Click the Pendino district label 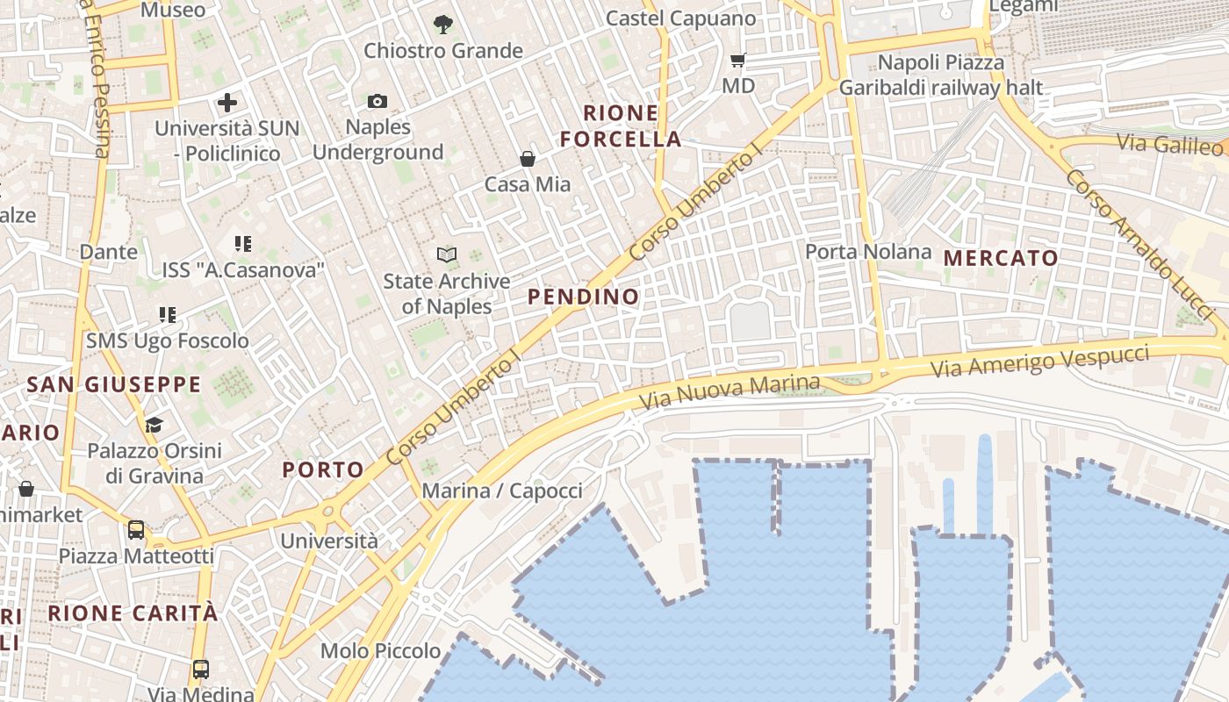[584, 297]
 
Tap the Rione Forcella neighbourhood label [621, 125]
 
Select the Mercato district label [1001, 258]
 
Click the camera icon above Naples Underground [377, 102]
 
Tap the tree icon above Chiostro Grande [443, 25]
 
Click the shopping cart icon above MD [738, 61]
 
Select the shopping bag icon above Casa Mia [528, 159]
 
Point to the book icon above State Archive [447, 255]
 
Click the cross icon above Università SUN [227, 103]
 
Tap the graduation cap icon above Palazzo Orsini [154, 426]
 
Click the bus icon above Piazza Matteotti [136, 530]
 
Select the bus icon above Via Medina [201, 670]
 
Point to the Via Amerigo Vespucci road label [1039, 361]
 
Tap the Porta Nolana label [868, 252]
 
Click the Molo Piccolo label [380, 651]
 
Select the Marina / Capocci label [502, 491]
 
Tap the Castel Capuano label [680, 18]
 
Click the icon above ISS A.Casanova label [243, 244]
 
